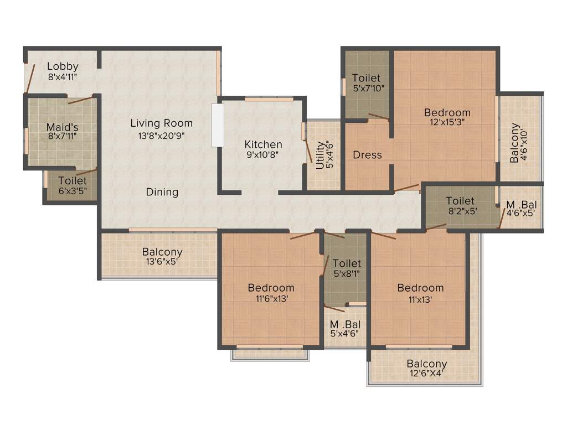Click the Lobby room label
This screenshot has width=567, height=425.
[63, 67]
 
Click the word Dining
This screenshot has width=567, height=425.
[162, 192]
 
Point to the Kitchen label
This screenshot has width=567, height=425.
[264, 145]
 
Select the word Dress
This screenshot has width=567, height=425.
[367, 155]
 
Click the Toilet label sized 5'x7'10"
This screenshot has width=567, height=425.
[367, 79]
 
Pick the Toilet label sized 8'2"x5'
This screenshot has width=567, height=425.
[460, 201]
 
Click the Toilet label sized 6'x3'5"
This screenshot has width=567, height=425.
[73, 181]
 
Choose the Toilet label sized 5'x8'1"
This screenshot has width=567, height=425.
[347, 263]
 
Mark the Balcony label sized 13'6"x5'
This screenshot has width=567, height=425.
[162, 252]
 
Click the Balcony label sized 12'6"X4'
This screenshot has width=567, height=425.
[427, 364]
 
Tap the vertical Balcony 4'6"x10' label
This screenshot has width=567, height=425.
[515, 143]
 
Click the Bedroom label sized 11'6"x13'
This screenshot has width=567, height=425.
[271, 288]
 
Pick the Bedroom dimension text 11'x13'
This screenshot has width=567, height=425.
[420, 299]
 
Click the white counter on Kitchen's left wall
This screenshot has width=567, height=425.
[218, 125]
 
